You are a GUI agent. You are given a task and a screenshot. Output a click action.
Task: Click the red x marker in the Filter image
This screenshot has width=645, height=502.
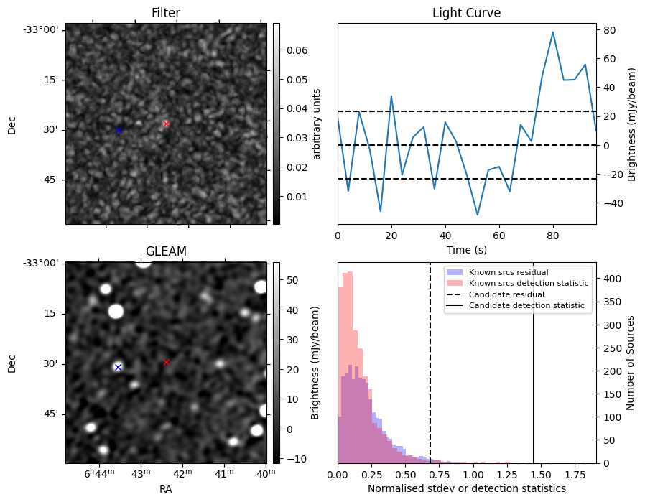point(166,124)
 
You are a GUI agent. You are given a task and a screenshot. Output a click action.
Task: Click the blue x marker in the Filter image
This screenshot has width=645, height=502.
point(119,130)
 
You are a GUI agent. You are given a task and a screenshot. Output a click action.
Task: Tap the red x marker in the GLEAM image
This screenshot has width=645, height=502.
point(166,362)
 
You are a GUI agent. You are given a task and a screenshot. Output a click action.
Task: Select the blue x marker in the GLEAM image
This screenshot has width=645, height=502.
point(118,367)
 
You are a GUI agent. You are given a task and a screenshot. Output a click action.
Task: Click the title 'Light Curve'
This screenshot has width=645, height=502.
point(466,13)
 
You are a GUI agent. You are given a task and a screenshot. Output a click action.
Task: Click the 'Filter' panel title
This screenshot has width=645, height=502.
point(166,13)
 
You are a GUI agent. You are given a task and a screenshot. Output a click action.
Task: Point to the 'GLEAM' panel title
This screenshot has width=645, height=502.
point(166,251)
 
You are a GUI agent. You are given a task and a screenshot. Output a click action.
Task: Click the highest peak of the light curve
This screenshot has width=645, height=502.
point(552,32)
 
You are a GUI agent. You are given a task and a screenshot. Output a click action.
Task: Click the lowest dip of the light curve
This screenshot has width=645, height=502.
point(477,215)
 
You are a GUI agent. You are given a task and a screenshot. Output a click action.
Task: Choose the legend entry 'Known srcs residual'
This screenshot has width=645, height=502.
point(509,272)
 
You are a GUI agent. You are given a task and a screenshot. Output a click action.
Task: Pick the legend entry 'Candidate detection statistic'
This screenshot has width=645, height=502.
point(526,306)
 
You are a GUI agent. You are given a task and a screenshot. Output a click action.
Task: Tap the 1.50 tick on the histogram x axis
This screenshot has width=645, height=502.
point(541,475)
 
